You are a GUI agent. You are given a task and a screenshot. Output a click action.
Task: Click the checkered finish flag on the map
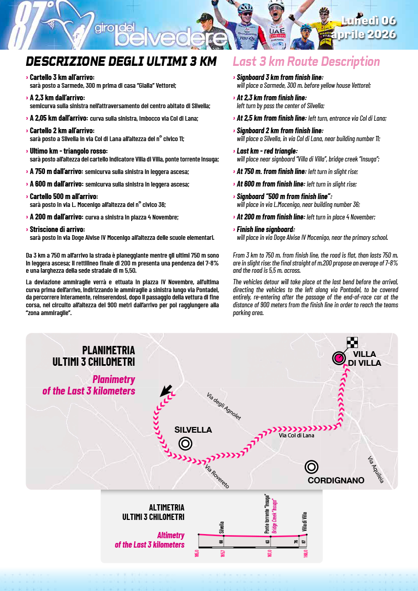(352, 343)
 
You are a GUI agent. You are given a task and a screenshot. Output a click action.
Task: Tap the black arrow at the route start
(166, 390)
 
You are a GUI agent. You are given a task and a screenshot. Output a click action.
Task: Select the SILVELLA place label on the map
(193, 430)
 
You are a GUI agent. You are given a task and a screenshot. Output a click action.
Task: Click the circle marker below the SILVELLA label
(185, 444)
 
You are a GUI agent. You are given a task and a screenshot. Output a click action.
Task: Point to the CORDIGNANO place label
(335, 480)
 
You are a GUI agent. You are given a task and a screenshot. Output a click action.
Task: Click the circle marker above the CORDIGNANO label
(311, 467)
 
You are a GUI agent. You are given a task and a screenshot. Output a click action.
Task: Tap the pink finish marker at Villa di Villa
(339, 358)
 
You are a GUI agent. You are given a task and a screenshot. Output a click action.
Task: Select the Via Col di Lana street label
(296, 435)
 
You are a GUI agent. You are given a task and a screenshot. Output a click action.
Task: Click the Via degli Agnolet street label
(224, 407)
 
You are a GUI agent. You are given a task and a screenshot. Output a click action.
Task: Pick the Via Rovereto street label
(217, 476)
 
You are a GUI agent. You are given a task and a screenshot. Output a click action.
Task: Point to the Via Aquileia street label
(376, 470)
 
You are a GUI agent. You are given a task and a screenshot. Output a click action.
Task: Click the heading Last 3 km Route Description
(306, 62)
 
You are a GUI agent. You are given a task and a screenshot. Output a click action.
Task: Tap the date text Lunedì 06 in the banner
(368, 21)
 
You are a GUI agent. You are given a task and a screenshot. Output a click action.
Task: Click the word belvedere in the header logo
(171, 38)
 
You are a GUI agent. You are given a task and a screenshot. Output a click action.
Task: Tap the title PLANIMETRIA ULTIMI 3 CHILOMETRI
(94, 355)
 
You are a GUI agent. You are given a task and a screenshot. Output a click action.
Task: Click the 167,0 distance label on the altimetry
(270, 552)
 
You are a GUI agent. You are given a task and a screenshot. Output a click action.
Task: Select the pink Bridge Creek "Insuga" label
(274, 514)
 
